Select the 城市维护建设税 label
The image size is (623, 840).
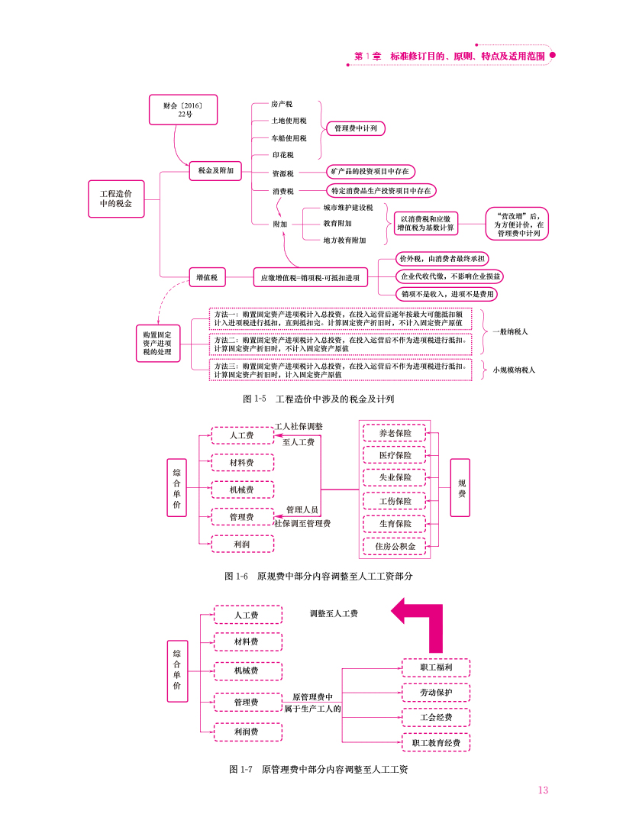(347, 208)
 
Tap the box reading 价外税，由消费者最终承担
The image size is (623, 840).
(444, 260)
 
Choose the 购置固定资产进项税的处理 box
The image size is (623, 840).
(157, 343)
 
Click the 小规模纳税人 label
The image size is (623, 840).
(514, 370)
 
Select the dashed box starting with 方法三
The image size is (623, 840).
(341, 370)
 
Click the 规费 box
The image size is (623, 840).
(460, 489)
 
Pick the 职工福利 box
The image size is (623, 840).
(436, 667)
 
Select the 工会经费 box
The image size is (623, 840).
(436, 717)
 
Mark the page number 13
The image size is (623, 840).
(542, 790)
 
